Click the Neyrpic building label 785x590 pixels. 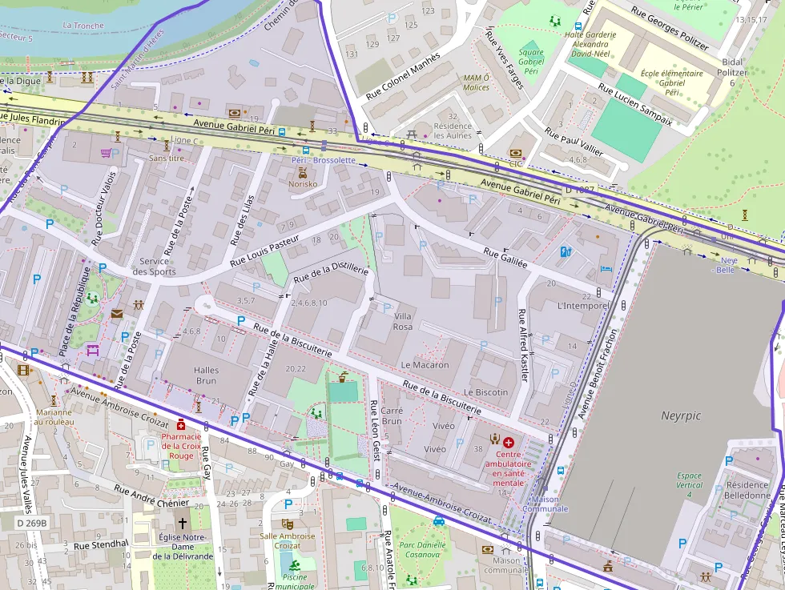pyautogui.click(x=681, y=415)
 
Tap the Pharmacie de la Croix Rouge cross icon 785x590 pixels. pyautogui.click(x=182, y=424)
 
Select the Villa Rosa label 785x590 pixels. pyautogui.click(x=403, y=322)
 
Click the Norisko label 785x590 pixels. pyautogui.click(x=303, y=183)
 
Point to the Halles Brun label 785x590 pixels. pyautogui.click(x=207, y=376)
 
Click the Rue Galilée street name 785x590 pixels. pyautogui.click(x=505, y=258)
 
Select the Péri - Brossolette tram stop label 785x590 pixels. pyautogui.click(x=323, y=160)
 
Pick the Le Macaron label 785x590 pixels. pyautogui.click(x=425, y=364)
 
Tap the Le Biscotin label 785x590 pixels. pyautogui.click(x=486, y=392)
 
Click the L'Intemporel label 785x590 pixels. pyautogui.click(x=583, y=307)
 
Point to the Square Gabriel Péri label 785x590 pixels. pyautogui.click(x=530, y=62)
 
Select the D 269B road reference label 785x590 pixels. pyautogui.click(x=32, y=523)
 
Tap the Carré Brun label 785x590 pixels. pyautogui.click(x=392, y=415)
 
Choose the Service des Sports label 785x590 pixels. pyautogui.click(x=154, y=266)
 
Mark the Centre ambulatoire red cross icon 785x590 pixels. pyautogui.click(x=509, y=441)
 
